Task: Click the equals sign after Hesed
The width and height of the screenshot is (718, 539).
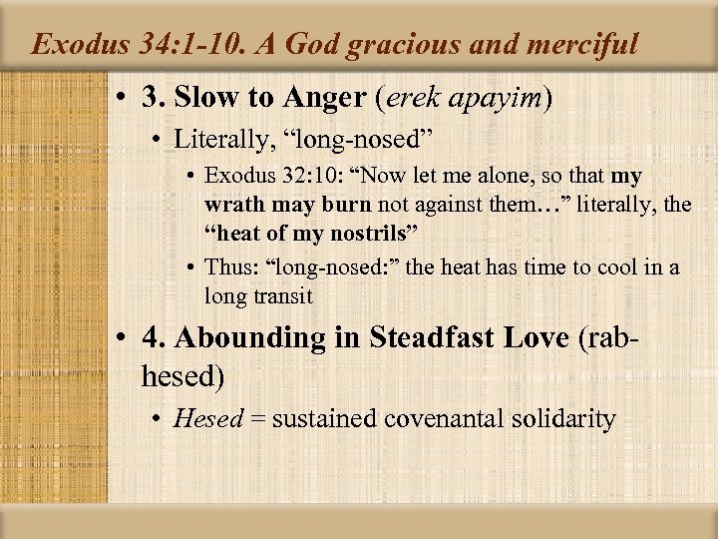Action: (256, 418)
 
